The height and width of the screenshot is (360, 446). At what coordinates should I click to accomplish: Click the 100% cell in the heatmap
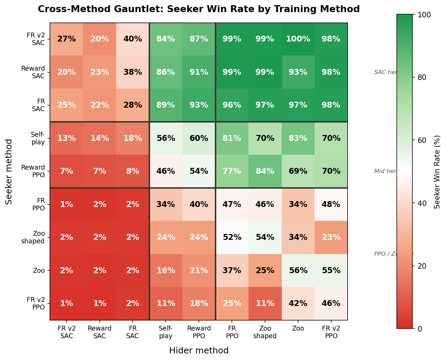(298, 39)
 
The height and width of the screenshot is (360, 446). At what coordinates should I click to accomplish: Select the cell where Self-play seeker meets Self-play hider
(166, 138)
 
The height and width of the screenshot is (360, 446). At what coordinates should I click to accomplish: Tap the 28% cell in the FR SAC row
(133, 105)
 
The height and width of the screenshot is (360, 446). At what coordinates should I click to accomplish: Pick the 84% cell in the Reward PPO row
(265, 171)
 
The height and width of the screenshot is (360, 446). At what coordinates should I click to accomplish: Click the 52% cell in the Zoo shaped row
(232, 237)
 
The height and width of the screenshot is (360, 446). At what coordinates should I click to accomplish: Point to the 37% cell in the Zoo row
(232, 271)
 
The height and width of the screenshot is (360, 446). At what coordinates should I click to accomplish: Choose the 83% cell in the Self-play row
(298, 138)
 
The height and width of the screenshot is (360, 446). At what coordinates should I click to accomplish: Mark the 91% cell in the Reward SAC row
(199, 72)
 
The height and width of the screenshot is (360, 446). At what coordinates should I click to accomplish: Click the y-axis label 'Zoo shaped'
(33, 237)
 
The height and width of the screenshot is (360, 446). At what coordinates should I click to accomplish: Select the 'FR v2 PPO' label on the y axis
(36, 304)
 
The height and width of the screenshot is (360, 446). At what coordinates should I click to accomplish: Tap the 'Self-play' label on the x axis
(166, 332)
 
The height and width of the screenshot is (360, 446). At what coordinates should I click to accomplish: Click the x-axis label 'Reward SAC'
(99, 332)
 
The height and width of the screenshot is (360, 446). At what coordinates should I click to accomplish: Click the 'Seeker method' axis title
(9, 171)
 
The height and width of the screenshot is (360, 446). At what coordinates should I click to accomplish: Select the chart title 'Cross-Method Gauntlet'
(199, 9)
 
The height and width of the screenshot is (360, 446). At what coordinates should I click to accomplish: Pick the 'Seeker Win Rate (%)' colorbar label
(437, 171)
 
